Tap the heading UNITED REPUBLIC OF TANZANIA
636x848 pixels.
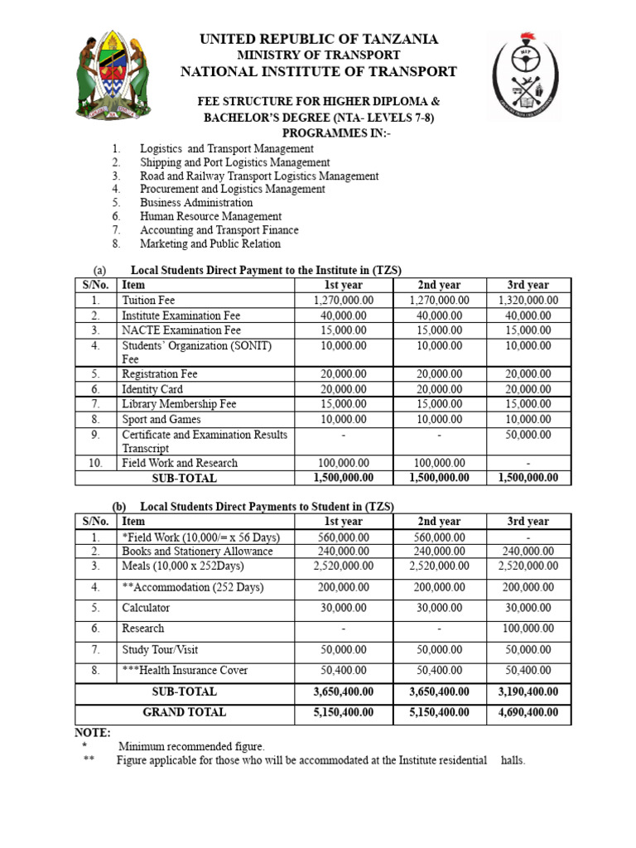318,39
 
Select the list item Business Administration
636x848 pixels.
196,203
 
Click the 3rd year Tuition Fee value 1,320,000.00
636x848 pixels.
528,301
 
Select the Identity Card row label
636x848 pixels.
152,389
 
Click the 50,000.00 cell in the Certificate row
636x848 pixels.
528,435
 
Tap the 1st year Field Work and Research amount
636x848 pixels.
343,464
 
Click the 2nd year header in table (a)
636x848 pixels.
439,285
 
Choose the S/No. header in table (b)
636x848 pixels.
96,522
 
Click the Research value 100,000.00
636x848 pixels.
528,629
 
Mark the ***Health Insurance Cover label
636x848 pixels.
185,670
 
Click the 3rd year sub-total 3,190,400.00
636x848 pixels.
528,691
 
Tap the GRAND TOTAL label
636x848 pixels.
184,712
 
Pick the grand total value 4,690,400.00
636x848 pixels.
528,712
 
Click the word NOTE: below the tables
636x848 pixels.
92,733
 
